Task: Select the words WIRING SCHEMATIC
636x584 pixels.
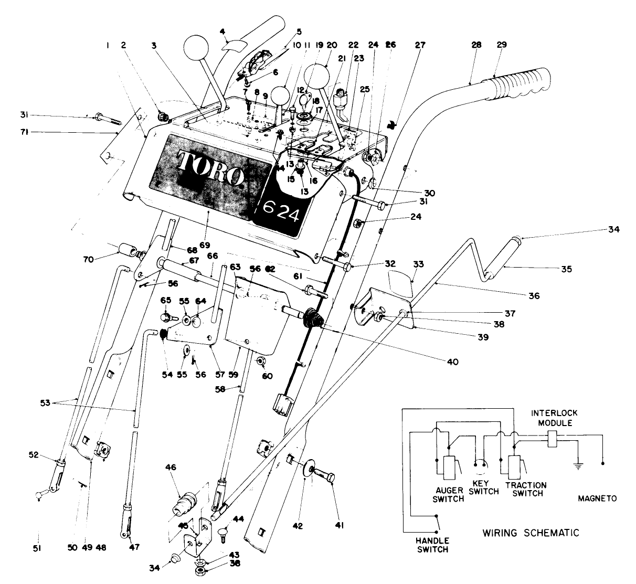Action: click(x=531, y=533)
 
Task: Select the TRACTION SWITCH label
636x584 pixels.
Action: click(x=526, y=489)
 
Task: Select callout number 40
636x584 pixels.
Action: click(x=452, y=362)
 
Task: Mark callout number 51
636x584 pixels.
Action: click(x=38, y=548)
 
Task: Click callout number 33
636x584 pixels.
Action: click(x=419, y=266)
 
